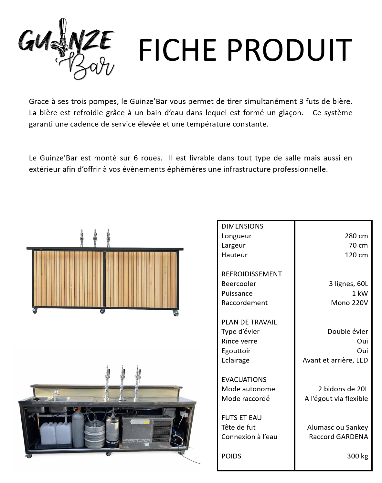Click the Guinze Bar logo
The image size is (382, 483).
pos(66,49)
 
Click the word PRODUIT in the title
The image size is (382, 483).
pos(289,50)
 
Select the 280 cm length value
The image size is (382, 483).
pos(356,236)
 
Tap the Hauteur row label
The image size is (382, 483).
pos(234,255)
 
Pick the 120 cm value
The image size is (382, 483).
pos(356,255)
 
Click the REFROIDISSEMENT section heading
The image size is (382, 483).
pos(251,274)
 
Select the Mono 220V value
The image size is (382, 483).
pos(349,303)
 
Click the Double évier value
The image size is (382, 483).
pos(347,332)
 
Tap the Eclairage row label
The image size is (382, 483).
pos(235,360)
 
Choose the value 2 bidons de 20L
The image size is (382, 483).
pos(343,389)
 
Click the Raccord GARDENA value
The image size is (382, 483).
pos(338,437)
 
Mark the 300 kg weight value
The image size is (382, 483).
pos(357,456)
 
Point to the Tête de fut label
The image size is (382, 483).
pos(238,427)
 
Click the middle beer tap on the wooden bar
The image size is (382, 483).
pos(95,238)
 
